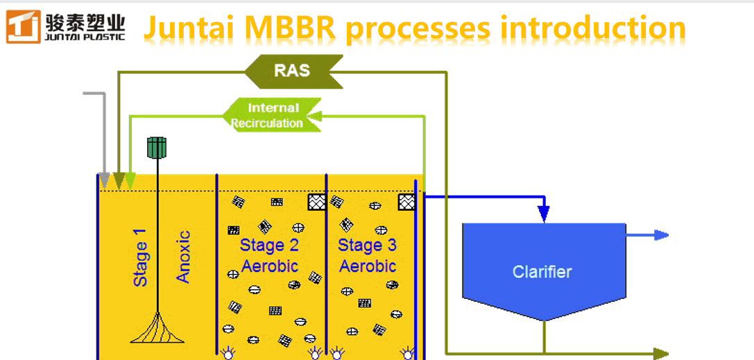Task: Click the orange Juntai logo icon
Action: (22, 27)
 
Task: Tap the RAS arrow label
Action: (293, 71)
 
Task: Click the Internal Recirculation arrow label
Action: (272, 115)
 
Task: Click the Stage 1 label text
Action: (140, 257)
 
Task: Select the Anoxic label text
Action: (183, 257)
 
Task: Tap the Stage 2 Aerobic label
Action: (269, 255)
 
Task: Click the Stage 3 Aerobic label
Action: (367, 255)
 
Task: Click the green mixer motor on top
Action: (157, 147)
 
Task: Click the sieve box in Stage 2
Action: (316, 202)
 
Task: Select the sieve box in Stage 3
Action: (406, 202)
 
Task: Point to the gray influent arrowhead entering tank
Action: (105, 181)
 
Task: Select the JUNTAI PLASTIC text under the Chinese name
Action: (85, 34)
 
